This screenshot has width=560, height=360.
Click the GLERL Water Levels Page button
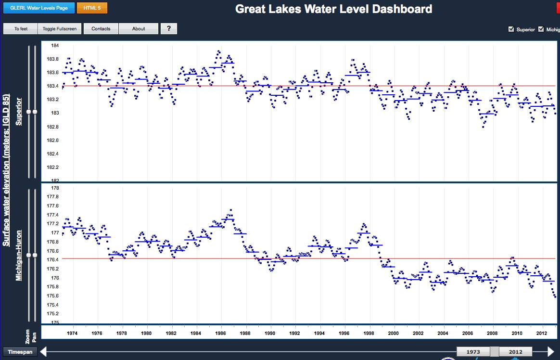[x=39, y=8]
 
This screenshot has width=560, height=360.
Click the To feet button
[x=21, y=29]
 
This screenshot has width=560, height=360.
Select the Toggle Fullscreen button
[x=60, y=29]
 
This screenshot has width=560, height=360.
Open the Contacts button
[x=101, y=29]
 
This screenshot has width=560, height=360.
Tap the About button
[x=139, y=29]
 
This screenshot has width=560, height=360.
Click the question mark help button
[x=169, y=29]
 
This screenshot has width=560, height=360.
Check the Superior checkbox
[x=511, y=29]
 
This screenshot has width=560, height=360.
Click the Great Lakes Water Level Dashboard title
[x=333, y=9]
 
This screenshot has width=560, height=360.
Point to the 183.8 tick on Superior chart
[x=55, y=59]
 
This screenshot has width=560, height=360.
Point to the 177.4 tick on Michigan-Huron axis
[x=52, y=215]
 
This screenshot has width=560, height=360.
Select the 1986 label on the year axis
[x=220, y=333]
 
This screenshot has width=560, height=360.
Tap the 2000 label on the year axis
[x=394, y=333]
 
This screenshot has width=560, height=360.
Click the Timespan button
[x=20, y=352]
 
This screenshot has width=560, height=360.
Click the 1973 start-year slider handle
[x=473, y=352]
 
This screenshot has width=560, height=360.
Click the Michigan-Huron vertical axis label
[x=19, y=255]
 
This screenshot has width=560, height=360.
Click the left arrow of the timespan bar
[x=43, y=352]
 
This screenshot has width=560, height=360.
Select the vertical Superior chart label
[x=19, y=111]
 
